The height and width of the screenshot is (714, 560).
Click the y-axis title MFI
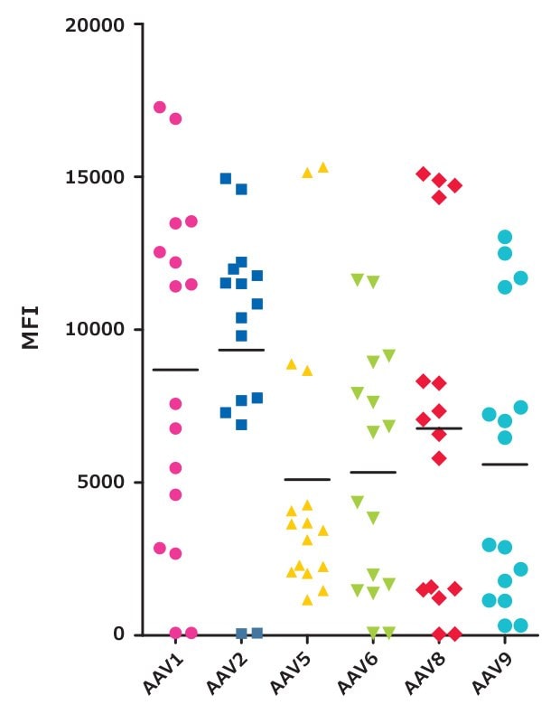[x=31, y=329]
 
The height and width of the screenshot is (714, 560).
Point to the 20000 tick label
[x=94, y=24]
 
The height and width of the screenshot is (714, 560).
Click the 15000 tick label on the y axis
[x=94, y=177]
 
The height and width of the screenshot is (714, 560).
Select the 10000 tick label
[x=94, y=330]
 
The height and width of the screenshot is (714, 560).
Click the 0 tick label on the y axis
[x=117, y=634]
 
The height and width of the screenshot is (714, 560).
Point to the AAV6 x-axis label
[x=357, y=673]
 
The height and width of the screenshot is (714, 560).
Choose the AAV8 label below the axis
[x=423, y=673]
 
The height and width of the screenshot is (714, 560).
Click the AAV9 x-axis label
[x=490, y=673]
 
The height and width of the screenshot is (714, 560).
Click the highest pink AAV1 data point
[x=160, y=108]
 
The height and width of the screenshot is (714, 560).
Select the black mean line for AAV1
[x=175, y=370]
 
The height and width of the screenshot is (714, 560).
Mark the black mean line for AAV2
[x=241, y=350]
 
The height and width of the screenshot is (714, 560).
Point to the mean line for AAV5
[x=307, y=479]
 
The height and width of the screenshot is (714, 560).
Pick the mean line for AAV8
[x=439, y=428]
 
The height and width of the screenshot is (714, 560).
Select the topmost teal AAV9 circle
[x=505, y=237]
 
